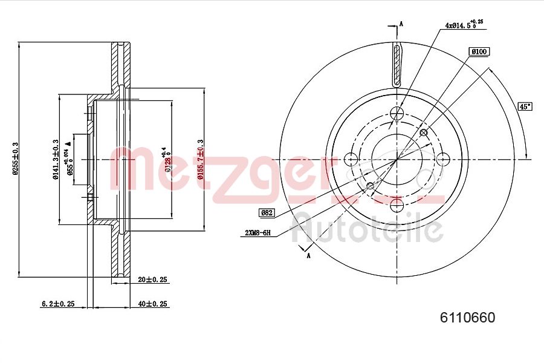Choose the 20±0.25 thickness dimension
[x=152, y=280]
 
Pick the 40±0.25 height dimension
[x=152, y=304]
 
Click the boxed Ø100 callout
[x=478, y=52]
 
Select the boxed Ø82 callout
[x=267, y=212]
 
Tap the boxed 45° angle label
[x=525, y=106]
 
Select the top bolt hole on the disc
[x=397, y=113]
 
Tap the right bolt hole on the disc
[x=443, y=160]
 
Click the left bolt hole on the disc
[x=351, y=160]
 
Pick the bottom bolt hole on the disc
[x=397, y=206]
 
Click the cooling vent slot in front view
[x=397, y=65]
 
